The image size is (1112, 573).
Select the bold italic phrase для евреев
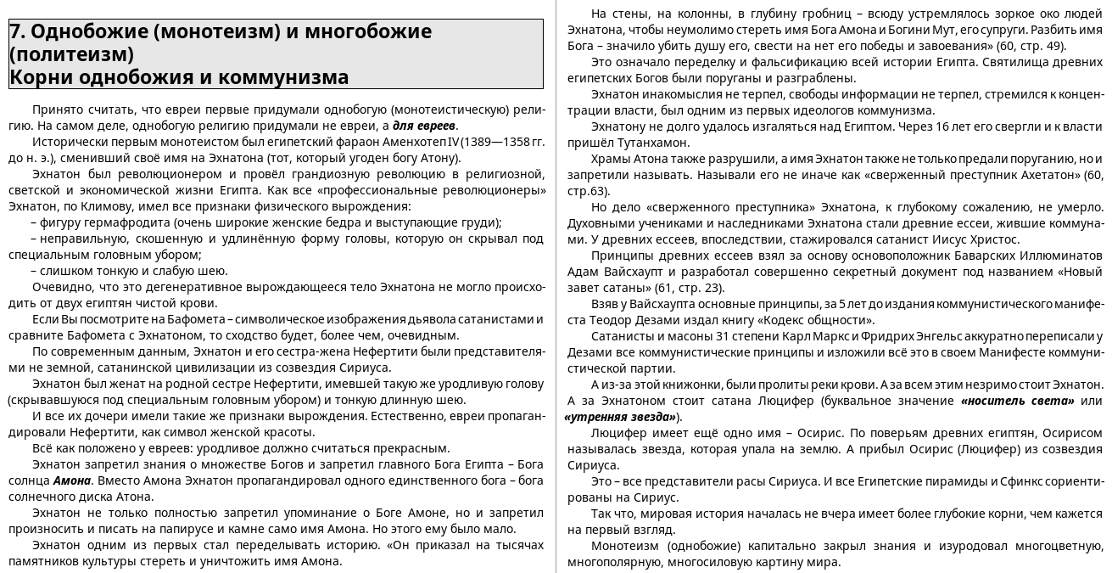point(424,126)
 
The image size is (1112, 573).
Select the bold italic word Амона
point(72,480)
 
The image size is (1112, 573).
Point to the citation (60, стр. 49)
point(1031,46)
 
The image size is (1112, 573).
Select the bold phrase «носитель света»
point(1017,401)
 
